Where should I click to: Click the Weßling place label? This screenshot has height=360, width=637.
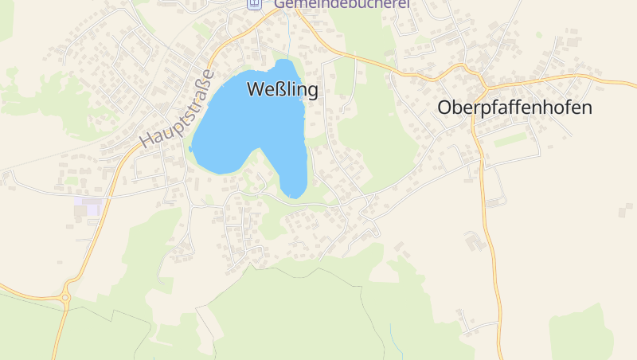[x=283, y=89]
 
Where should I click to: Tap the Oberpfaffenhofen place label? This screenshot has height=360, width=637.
[x=515, y=108]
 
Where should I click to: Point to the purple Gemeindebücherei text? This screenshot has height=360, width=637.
[x=342, y=4]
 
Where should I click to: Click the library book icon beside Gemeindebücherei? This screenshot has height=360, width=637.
[x=254, y=3]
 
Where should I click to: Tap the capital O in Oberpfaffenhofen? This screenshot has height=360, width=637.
[x=446, y=108]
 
